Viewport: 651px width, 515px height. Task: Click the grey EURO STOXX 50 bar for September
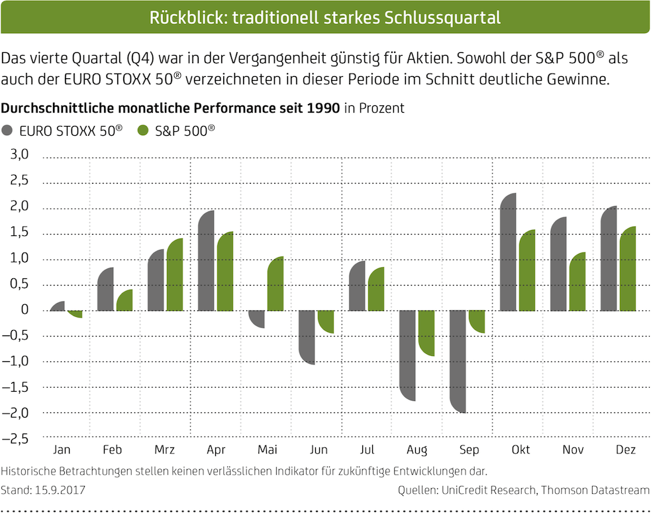coord(458,361)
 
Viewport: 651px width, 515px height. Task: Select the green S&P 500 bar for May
coord(275,284)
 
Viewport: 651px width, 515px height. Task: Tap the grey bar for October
coord(508,252)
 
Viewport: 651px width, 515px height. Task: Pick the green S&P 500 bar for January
coord(75,314)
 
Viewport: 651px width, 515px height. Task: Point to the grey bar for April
coord(206,260)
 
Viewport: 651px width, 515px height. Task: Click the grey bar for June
coord(307,337)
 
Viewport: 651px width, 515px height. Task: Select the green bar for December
coord(627,268)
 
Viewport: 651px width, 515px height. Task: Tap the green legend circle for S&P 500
coord(142,131)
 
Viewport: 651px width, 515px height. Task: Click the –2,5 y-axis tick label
coord(17,438)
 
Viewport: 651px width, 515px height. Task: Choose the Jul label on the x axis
coord(368,451)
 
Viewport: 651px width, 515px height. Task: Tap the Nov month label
coord(573,451)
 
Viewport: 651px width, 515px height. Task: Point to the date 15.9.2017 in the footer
coord(60,491)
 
